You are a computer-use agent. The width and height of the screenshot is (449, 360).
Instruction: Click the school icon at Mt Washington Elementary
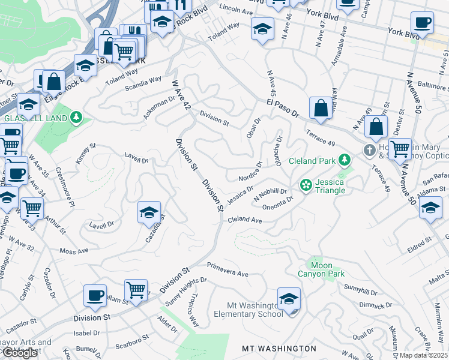pyautogui.click(x=289, y=298)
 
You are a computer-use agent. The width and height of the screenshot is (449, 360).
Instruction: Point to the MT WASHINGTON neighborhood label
pyautogui.click(x=279, y=349)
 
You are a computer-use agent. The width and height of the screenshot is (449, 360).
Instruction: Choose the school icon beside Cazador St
pyautogui.click(x=149, y=212)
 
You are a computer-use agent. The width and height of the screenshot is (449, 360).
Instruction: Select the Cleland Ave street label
pyautogui.click(x=244, y=221)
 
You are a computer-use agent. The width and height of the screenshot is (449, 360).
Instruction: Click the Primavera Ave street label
pyautogui.click(x=228, y=269)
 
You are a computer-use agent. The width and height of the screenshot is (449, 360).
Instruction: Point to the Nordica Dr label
pyautogui.click(x=250, y=172)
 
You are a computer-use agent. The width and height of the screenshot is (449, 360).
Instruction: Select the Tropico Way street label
pyautogui.click(x=191, y=311)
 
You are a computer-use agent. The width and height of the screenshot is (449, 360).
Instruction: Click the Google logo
pyautogui.click(x=20, y=353)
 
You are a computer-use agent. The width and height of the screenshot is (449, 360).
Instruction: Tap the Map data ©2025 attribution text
pyautogui.click(x=423, y=355)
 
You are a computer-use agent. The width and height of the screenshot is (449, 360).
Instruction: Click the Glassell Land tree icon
pyautogui.click(x=76, y=117)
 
